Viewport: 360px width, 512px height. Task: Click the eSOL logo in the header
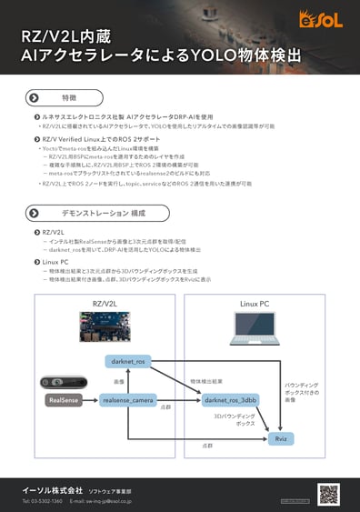tap(328, 15)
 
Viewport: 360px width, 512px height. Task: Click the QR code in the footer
tap(328, 493)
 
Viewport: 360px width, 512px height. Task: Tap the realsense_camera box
tap(127, 399)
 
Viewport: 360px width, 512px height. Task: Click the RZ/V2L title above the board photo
tap(105, 301)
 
